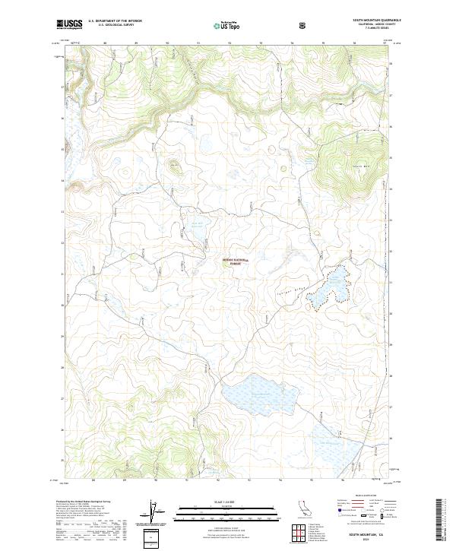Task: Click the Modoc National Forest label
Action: [x=235, y=261]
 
